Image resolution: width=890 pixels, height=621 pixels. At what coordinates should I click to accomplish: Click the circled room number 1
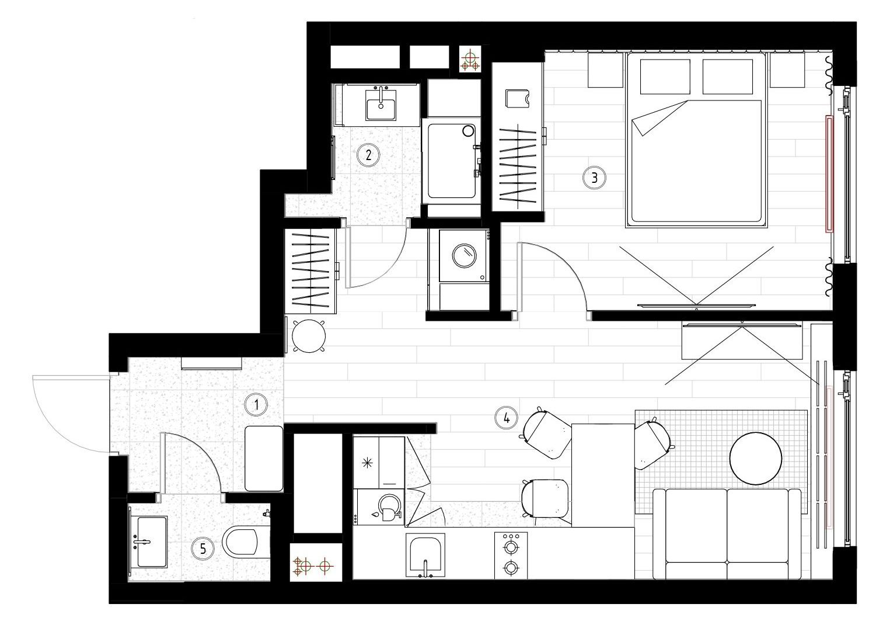[256, 405]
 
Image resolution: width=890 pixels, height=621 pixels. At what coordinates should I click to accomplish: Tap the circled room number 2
[368, 155]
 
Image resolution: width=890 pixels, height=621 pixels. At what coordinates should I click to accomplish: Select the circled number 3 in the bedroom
[594, 178]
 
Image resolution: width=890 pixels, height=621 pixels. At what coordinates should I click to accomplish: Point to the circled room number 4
[506, 418]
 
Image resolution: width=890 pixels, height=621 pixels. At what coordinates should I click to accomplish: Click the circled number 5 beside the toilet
[203, 549]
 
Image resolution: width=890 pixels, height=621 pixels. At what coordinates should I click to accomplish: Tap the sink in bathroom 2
[381, 104]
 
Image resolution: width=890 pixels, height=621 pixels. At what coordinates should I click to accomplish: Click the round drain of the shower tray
[469, 130]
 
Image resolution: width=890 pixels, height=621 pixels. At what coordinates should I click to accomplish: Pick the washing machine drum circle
[464, 255]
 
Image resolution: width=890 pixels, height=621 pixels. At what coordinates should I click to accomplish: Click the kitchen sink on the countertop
[425, 556]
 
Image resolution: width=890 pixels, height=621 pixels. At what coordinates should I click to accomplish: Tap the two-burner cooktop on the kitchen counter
[511, 556]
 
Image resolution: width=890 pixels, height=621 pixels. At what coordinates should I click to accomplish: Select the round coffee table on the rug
[756, 458]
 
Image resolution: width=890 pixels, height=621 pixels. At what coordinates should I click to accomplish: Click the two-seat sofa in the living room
[727, 534]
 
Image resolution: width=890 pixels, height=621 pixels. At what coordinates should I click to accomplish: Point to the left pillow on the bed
[665, 77]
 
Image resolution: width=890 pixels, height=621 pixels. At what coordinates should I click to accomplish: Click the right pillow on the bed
[728, 77]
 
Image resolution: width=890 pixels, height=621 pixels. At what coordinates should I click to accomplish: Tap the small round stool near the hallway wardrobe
[309, 336]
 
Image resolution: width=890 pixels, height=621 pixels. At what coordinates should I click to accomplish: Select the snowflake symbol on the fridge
[367, 463]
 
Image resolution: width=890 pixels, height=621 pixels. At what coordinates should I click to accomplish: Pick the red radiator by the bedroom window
[829, 174]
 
